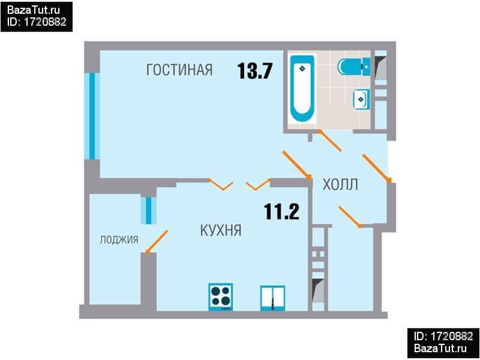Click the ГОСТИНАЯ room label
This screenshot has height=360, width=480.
(179, 70)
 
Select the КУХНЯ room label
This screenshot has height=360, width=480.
(220, 230)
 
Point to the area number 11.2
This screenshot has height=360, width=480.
(281, 211)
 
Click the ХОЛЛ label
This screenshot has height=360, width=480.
(340, 185)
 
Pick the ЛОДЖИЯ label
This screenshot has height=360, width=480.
(119, 240)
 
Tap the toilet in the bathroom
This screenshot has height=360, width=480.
(355, 66)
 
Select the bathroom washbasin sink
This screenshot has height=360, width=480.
(361, 99)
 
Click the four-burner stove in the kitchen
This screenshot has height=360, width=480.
(221, 296)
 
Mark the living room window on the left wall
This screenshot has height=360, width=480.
(92, 115)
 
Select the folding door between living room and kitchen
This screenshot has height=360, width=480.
(239, 184)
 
